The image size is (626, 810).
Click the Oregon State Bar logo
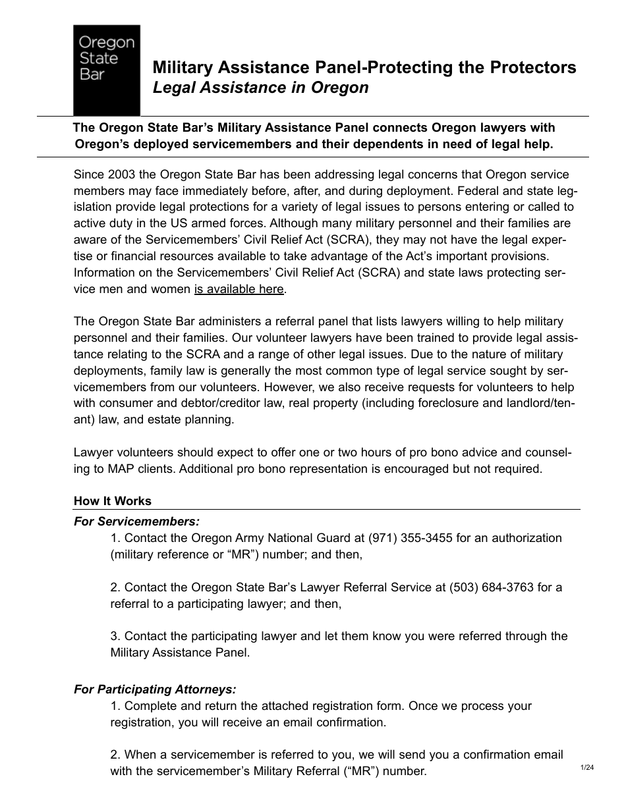(106, 70)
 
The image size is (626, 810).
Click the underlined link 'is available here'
(239, 289)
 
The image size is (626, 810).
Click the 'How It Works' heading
(113, 501)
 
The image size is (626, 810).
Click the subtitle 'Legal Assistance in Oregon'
(260, 88)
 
